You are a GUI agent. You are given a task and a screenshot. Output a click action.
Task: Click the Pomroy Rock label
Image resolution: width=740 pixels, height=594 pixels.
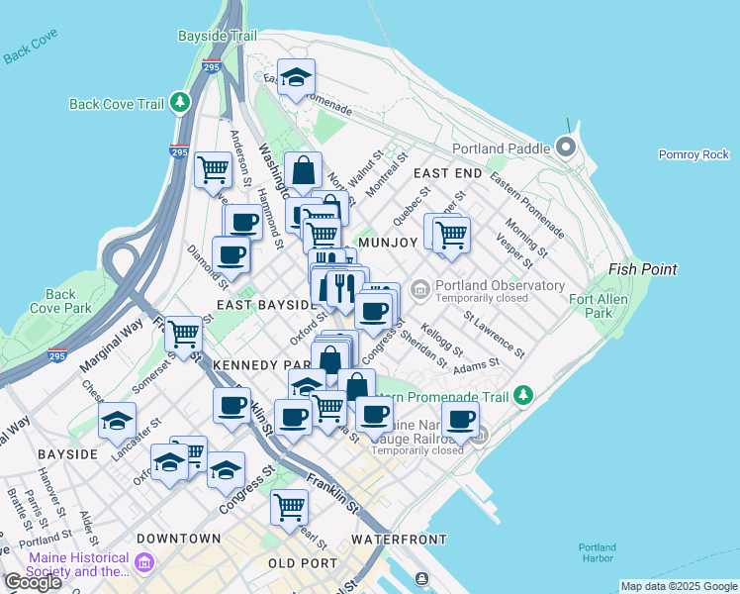694,154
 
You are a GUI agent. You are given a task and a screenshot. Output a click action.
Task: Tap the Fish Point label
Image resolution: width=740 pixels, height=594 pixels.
643,269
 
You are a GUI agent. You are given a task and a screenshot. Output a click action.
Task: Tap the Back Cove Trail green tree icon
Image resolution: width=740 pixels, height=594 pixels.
179,103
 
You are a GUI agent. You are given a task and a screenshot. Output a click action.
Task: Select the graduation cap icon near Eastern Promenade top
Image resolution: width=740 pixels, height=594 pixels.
295,78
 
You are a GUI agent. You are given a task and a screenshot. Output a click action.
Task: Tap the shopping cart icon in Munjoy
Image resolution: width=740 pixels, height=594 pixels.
451,235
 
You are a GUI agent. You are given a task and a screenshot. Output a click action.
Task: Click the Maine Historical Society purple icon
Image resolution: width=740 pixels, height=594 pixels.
144,563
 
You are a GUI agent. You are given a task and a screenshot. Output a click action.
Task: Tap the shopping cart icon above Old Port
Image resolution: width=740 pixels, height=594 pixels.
289,506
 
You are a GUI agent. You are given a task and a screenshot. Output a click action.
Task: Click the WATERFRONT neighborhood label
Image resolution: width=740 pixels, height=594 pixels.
400,539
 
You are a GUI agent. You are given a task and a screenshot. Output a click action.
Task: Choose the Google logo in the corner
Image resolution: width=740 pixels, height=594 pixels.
33,581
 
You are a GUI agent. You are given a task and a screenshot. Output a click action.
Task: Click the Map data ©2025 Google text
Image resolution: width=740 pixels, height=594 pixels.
678,587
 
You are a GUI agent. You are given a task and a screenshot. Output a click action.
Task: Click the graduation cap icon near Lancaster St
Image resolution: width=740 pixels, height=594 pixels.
117,420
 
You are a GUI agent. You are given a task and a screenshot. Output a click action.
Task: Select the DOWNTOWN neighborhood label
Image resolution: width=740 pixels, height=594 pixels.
178,539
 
